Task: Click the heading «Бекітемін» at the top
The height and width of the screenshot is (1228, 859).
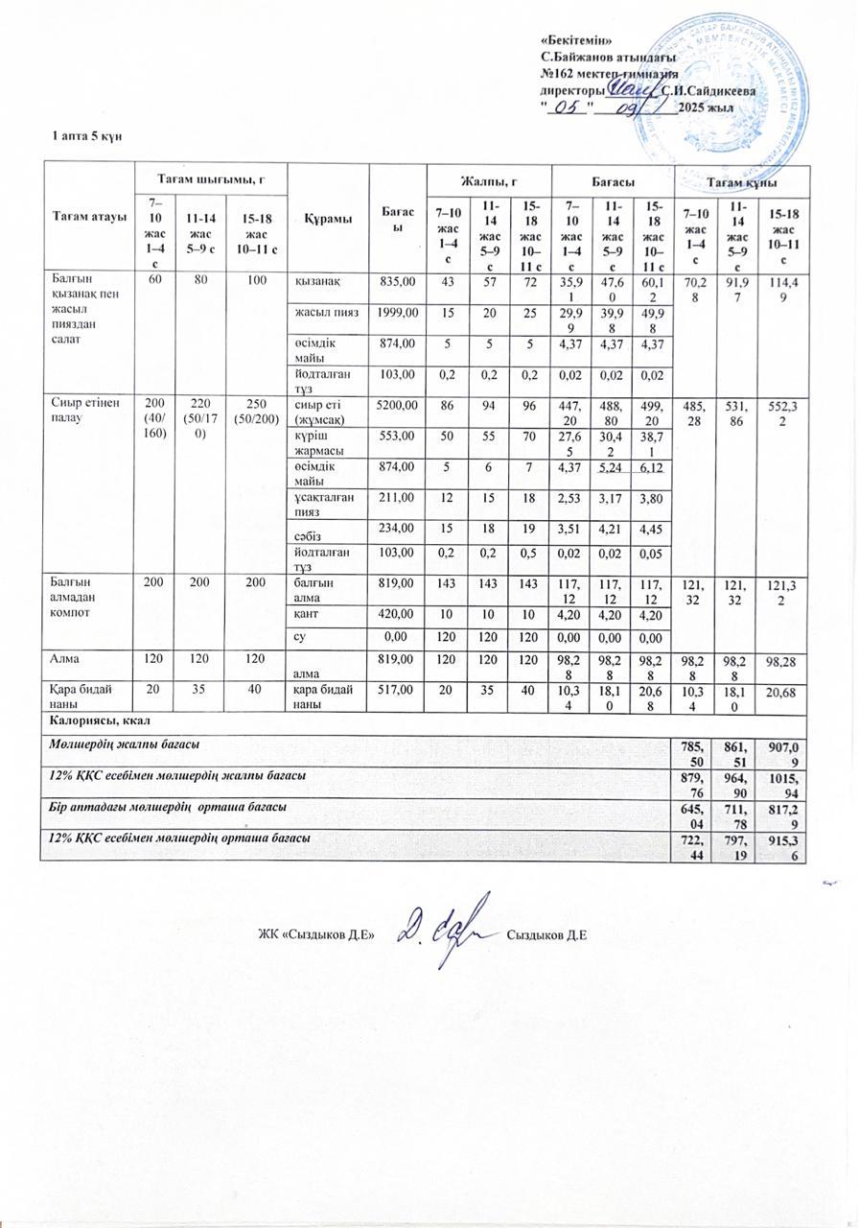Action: pyautogui.click(x=577, y=39)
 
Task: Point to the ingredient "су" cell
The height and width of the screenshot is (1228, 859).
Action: pyautogui.click(x=300, y=635)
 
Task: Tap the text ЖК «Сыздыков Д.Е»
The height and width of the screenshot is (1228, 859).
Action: pyautogui.click(x=314, y=933)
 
